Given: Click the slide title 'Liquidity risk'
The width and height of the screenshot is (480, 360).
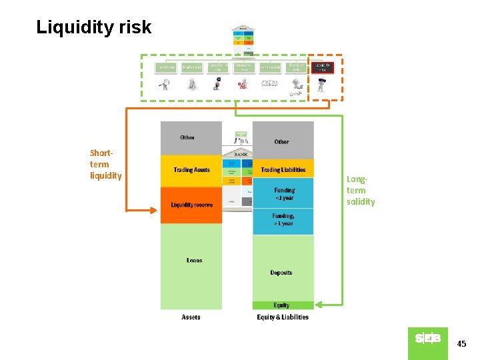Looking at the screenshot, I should [93, 27].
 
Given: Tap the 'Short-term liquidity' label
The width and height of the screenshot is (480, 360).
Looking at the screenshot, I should [105, 164].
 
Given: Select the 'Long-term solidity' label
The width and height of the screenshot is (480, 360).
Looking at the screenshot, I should [361, 190].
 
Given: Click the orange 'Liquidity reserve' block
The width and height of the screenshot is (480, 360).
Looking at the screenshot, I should [191, 205].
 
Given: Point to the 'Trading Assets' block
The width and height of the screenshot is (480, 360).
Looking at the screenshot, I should [191, 171].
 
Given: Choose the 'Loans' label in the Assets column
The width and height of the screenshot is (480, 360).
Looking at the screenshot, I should [194, 260].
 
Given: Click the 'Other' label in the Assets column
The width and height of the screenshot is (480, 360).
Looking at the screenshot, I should [187, 137].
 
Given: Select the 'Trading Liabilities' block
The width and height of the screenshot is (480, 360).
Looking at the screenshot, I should [283, 170].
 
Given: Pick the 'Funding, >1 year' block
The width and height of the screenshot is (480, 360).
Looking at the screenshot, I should [283, 220].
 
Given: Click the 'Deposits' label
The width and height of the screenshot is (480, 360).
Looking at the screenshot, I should [281, 273].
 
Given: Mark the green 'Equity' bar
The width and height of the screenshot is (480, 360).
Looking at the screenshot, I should [283, 305].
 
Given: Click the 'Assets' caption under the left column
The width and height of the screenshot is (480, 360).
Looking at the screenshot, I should [191, 317].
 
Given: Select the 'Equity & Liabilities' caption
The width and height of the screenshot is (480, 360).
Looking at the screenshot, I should [283, 317].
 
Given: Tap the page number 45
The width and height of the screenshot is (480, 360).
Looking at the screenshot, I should [461, 344].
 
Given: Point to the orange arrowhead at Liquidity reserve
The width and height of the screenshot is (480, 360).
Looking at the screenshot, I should [155, 211].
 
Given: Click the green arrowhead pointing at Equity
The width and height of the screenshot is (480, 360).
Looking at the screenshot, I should [319, 305].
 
